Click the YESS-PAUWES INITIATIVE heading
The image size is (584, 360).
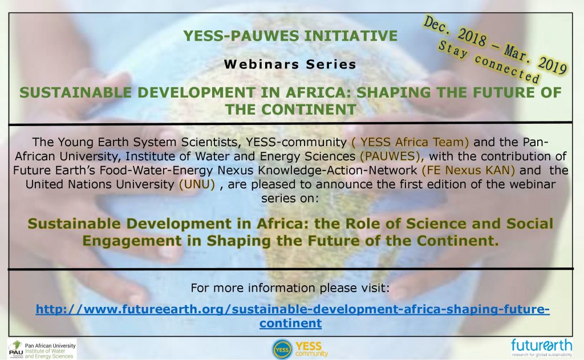point(290,36)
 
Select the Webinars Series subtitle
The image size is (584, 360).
point(290,64)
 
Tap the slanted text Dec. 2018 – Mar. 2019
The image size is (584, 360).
point(495,45)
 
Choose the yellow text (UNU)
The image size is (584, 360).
point(197,184)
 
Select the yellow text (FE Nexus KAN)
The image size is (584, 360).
point(468,171)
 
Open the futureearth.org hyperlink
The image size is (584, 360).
point(293,315)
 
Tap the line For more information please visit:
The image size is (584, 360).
point(290,288)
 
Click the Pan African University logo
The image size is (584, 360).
point(42,349)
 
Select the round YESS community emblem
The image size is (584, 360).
point(282,349)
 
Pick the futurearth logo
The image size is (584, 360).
point(542,347)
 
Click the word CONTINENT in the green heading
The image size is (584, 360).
point(310,110)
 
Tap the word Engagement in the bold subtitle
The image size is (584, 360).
point(132,241)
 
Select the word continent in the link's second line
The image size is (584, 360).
point(290,323)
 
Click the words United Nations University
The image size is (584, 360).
point(100,184)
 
